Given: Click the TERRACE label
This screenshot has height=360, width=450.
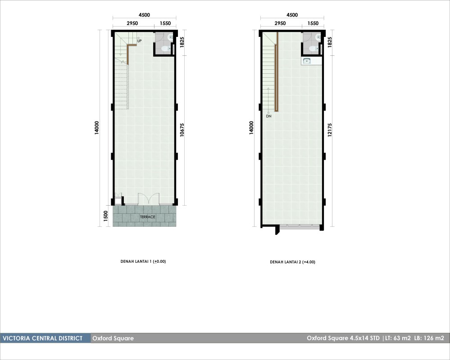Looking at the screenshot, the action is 147,217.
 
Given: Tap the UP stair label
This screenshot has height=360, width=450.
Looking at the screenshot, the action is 139,41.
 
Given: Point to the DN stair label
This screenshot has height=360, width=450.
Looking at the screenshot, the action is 268,116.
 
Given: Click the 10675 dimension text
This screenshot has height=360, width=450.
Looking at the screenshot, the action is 182,130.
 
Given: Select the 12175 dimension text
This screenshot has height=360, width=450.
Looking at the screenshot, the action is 329,130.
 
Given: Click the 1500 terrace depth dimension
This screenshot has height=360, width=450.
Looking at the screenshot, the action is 105,216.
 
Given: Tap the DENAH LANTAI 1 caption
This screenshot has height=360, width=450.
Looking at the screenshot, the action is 143,261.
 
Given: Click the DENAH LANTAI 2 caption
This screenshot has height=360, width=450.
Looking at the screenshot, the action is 292,262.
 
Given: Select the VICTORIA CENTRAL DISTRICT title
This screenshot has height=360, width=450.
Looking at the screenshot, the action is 42,338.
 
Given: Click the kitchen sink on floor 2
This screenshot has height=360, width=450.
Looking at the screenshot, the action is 307,61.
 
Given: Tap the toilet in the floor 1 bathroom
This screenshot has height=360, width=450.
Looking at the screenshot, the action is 165,49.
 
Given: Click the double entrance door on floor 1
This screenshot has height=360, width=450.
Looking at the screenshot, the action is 149,199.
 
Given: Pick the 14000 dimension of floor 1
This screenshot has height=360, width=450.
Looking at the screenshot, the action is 97,127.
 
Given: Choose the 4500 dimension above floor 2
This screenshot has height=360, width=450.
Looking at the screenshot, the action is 292,15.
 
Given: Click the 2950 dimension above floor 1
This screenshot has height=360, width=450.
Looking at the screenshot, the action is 132,23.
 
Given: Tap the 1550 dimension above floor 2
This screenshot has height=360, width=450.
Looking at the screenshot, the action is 313,23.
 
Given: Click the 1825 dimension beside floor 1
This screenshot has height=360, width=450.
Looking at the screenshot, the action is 182,42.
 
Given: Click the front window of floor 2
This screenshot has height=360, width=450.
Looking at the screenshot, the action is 300,227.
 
